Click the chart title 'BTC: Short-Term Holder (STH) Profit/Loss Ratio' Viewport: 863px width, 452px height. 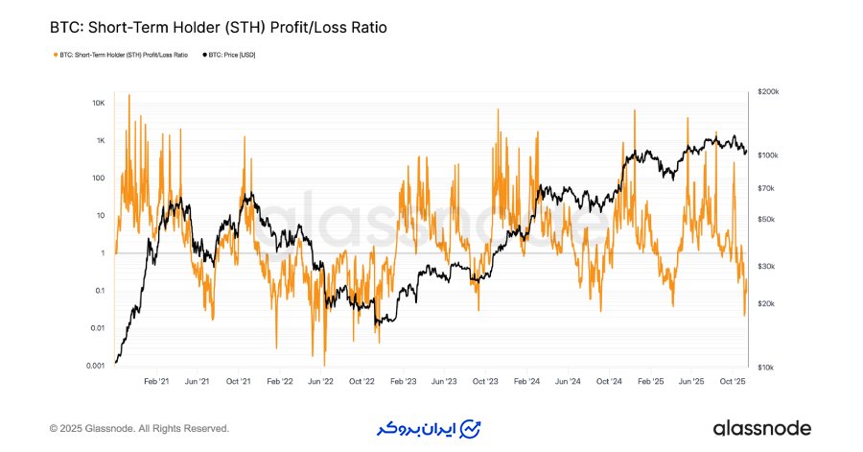tap(218, 28)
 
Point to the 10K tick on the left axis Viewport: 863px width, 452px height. tap(98, 103)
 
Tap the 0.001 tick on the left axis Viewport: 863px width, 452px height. tap(96, 366)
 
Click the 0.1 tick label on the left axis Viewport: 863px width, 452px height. tap(98, 291)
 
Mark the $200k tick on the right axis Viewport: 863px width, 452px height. tap(767, 91)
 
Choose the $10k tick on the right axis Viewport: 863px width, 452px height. tap(765, 368)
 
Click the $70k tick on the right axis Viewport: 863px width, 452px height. tap(765, 188)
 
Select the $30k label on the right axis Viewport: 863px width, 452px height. tap(765, 266)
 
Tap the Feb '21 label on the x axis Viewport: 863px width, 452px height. tap(155, 381)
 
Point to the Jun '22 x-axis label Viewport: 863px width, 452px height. tap(320, 381)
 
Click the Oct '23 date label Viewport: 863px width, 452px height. tap(486, 381)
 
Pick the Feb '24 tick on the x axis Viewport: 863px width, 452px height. tap(526, 381)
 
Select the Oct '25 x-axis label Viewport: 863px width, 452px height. tap(733, 381)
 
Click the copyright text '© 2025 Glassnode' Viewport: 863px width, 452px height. tap(139, 428)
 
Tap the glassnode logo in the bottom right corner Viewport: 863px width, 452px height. tap(761, 428)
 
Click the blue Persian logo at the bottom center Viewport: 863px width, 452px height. tap(428, 428)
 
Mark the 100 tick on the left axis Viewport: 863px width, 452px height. tap(98, 178)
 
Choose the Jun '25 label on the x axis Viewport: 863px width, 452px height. tap(691, 381)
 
